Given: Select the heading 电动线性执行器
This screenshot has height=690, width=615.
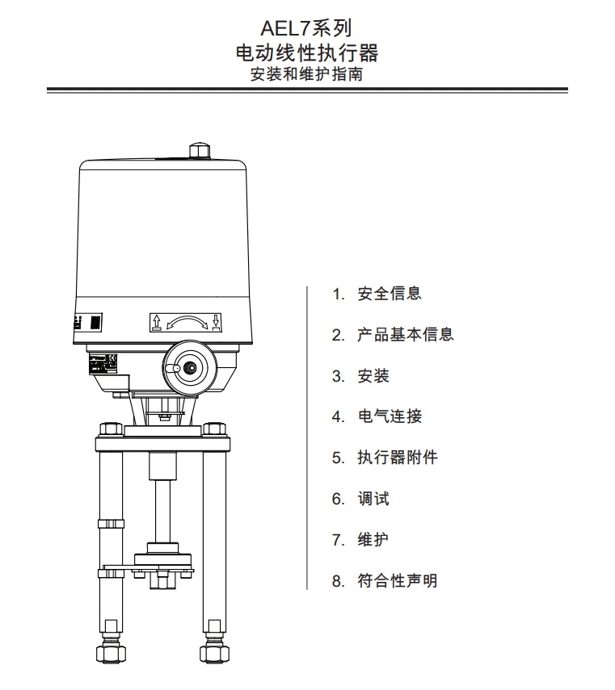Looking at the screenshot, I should pyautogui.click(x=306, y=54).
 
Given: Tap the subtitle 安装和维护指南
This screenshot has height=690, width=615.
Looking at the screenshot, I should pyautogui.click(x=306, y=75).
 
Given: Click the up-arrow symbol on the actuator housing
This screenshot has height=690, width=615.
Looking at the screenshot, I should pyautogui.click(x=157, y=323).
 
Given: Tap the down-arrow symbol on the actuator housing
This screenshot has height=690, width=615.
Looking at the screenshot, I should pyautogui.click(x=217, y=323).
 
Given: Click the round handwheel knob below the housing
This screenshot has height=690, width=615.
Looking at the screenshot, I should pyautogui.click(x=190, y=366).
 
